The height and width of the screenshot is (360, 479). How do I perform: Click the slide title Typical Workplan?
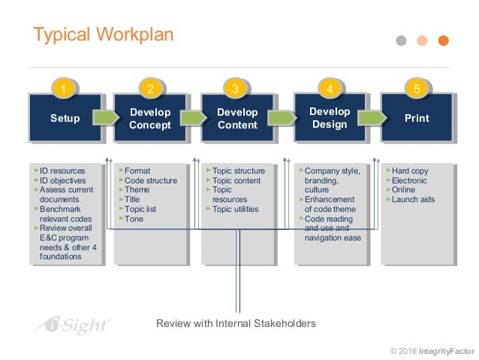(104, 35)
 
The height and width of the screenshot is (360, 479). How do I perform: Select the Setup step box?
(65, 118)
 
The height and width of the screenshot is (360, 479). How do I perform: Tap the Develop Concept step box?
(150, 118)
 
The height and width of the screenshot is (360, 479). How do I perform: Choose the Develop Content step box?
(237, 118)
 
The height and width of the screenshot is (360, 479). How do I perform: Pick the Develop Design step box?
(330, 117)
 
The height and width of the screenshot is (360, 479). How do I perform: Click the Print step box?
(417, 118)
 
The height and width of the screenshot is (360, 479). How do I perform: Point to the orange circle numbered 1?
(64, 89)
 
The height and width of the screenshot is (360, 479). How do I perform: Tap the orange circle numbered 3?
(236, 89)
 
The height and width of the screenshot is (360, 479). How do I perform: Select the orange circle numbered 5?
(417, 89)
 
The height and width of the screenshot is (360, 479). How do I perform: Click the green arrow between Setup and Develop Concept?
(107, 117)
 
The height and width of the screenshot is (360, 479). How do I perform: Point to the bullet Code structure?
(150, 180)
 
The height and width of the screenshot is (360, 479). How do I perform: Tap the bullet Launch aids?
(413, 200)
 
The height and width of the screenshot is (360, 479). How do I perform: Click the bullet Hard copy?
(410, 171)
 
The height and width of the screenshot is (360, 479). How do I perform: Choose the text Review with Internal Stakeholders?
(236, 323)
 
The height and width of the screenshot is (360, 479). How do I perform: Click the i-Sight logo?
(72, 325)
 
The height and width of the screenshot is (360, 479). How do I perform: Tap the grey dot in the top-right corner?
(401, 40)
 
